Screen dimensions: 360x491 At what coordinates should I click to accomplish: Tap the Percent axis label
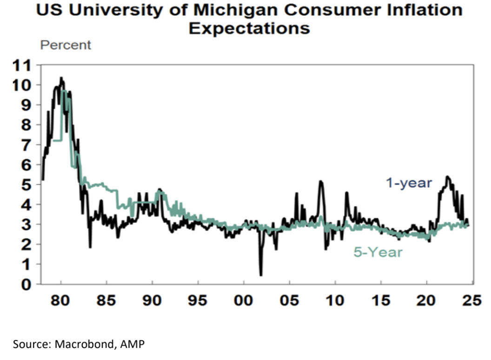tap(66, 46)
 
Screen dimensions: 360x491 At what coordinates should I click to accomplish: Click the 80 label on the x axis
tap(60, 300)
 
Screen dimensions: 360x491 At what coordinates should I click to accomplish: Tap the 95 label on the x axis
tap(198, 300)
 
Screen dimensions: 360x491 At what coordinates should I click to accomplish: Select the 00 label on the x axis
tap(244, 300)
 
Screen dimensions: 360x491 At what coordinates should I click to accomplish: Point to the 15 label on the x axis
tap(381, 300)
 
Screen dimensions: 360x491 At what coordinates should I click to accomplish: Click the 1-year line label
tap(409, 183)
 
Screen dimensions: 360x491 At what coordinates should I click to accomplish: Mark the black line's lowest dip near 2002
tap(261, 275)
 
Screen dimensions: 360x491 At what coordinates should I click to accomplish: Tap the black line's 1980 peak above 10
tap(61, 78)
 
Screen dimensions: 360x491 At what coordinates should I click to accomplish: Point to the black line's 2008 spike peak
tap(320, 181)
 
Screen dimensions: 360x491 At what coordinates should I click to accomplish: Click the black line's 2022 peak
tap(447, 177)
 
